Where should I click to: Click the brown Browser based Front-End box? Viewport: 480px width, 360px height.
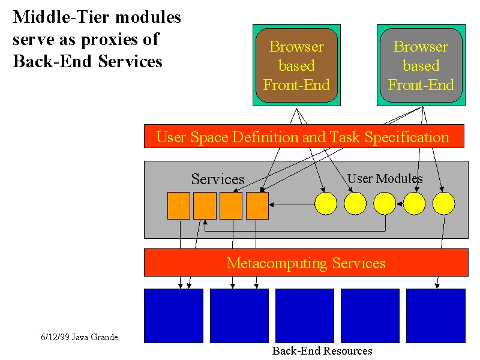pyautogui.click(x=296, y=65)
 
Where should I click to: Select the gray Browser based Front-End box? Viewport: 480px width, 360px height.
pyautogui.click(x=421, y=65)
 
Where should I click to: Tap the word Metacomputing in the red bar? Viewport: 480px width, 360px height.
pyautogui.click(x=277, y=263)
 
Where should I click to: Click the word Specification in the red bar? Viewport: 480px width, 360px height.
pyautogui.click(x=407, y=137)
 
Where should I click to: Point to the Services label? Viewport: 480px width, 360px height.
pyautogui.click(x=218, y=179)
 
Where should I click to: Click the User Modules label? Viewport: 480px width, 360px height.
pyautogui.click(x=385, y=178)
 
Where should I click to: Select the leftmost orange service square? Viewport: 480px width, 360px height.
pyautogui.click(x=179, y=206)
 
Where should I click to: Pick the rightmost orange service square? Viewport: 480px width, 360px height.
pyautogui.click(x=257, y=206)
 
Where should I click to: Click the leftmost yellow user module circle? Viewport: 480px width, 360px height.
pyautogui.click(x=326, y=203)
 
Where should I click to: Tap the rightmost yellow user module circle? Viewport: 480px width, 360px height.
pyautogui.click(x=443, y=203)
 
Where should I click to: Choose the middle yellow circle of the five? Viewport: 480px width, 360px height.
pyautogui.click(x=385, y=203)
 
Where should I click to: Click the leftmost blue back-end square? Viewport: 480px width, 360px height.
pyautogui.click(x=173, y=316)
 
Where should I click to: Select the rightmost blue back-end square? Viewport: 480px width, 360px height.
pyautogui.click(x=436, y=316)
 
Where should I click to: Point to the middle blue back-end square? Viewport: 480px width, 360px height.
pyautogui.click(x=305, y=316)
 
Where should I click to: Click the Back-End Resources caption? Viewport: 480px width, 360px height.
pyautogui.click(x=322, y=351)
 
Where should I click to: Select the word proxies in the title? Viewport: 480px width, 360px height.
pyautogui.click(x=121, y=40)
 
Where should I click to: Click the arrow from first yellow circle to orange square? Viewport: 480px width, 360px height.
pyautogui.click(x=292, y=205)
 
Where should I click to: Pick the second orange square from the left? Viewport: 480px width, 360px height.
pyautogui.click(x=205, y=206)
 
